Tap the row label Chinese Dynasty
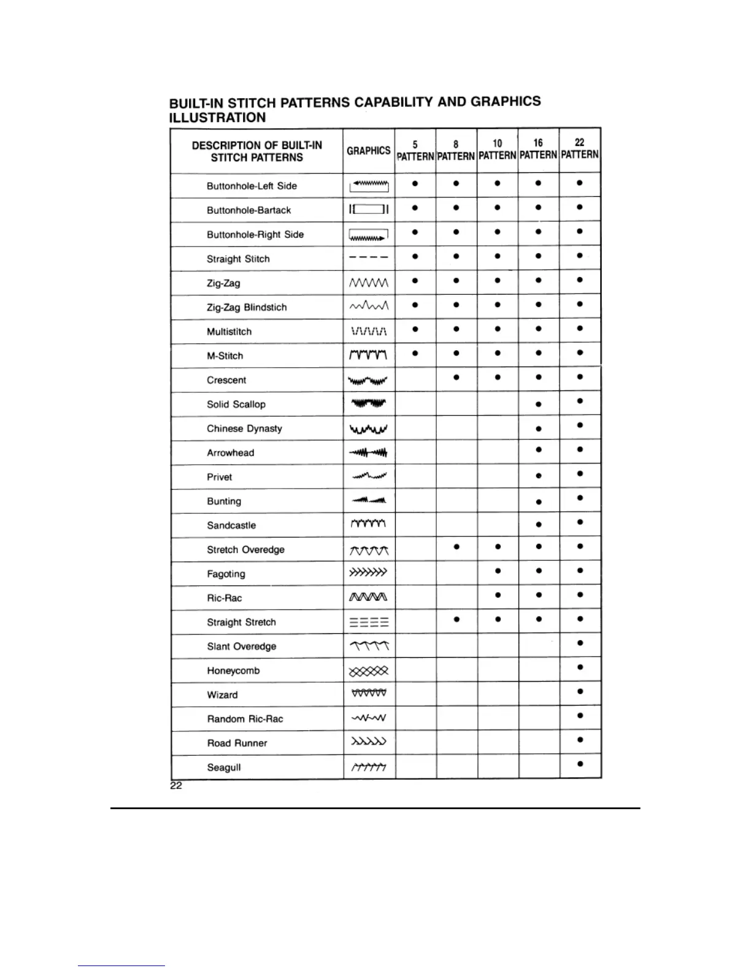click(x=244, y=428)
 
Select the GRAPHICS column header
click(x=368, y=151)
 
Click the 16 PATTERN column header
click(x=538, y=149)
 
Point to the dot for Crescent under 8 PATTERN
click(x=456, y=378)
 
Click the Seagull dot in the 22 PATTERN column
click(x=580, y=764)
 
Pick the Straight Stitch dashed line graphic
click(x=368, y=258)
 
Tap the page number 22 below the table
click(x=176, y=786)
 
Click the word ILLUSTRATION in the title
click(x=218, y=118)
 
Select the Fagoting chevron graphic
click(x=368, y=573)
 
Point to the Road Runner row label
click(x=237, y=743)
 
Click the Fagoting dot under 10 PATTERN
click(x=498, y=571)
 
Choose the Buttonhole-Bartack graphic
click(x=369, y=210)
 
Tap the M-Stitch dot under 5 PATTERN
click(x=415, y=353)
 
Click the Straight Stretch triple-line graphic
click(x=369, y=623)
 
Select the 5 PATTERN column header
click(x=415, y=150)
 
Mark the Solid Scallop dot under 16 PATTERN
click(x=539, y=405)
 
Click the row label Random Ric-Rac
click(x=245, y=719)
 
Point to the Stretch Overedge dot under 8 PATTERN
click(x=456, y=547)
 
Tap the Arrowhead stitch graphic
click(x=368, y=453)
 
